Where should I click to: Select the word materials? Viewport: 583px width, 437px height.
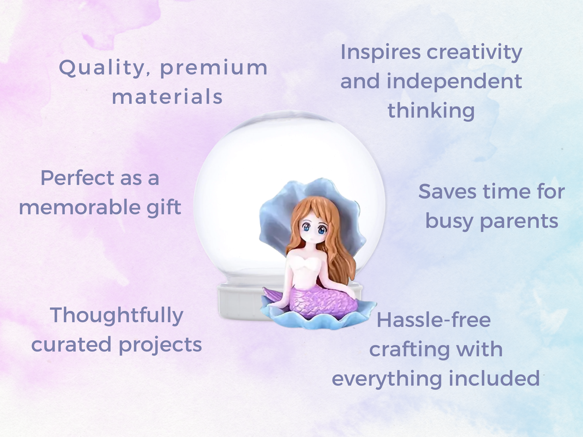(167, 96)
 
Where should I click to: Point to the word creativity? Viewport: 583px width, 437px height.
(475, 53)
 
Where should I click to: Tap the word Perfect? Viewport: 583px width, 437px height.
(77, 178)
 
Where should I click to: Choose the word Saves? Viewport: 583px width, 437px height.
(447, 191)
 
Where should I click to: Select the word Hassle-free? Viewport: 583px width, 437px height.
(434, 320)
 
